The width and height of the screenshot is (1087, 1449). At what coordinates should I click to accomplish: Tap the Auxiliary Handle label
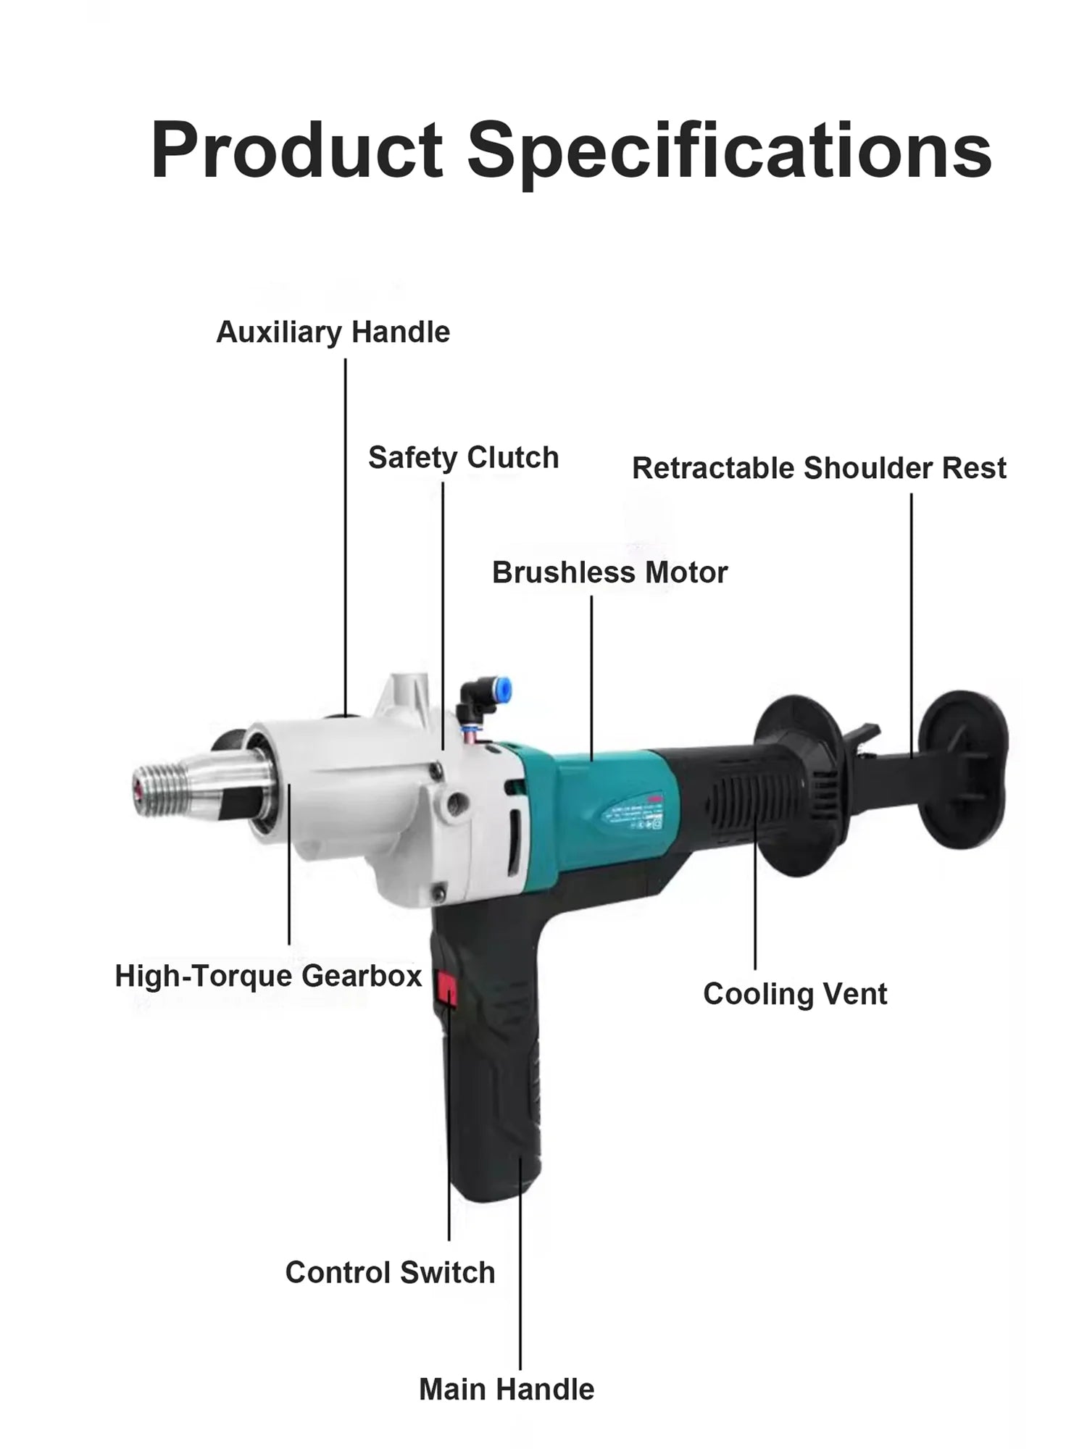(x=333, y=333)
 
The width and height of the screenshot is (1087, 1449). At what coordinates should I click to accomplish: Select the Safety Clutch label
(x=463, y=458)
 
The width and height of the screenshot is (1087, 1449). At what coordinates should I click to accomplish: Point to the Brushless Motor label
(x=609, y=572)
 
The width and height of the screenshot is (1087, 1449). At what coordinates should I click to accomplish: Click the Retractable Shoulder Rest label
(x=819, y=468)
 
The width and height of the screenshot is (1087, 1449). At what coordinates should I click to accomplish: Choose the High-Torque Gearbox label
(x=268, y=976)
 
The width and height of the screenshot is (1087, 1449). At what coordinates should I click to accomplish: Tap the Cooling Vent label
(x=794, y=994)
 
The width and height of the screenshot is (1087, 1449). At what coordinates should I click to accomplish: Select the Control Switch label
(x=390, y=1272)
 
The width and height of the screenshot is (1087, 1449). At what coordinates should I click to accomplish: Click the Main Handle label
(x=507, y=1390)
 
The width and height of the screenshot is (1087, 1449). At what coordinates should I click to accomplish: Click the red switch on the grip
(x=445, y=989)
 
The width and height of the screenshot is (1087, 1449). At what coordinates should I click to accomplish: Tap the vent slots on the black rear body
(x=746, y=804)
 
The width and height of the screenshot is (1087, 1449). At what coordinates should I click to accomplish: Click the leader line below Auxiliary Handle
(x=346, y=536)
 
